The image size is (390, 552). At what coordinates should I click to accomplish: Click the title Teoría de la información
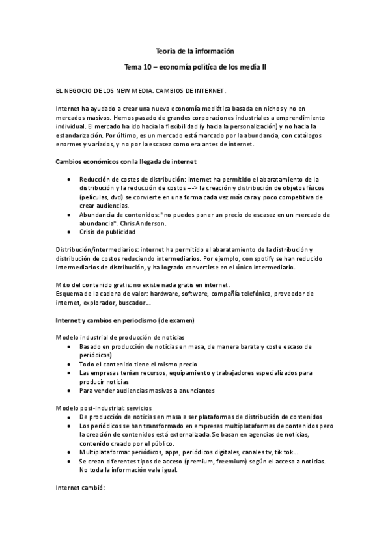tap(195, 50)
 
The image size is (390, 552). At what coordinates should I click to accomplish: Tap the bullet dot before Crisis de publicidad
tap(70, 232)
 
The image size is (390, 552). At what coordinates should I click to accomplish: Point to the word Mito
tap(62, 285)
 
